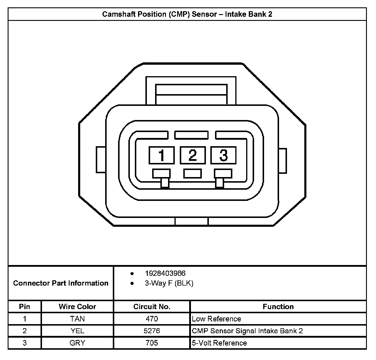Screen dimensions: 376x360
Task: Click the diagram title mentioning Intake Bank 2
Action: point(187,14)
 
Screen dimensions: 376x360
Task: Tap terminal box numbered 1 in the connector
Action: point(162,155)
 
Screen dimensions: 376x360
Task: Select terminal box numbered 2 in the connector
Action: point(192,155)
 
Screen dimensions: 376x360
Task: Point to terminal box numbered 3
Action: point(223,155)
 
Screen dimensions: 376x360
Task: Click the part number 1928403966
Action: point(165,274)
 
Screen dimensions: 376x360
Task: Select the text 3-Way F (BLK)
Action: point(169,284)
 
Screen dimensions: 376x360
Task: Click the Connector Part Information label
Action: point(61,283)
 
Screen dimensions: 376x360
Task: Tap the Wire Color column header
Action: point(77,307)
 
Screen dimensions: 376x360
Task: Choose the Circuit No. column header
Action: point(152,307)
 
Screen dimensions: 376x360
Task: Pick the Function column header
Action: point(278,307)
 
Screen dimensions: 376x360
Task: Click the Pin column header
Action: point(24,307)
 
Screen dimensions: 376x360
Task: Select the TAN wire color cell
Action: point(77,319)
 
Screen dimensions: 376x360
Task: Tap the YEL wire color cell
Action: point(77,331)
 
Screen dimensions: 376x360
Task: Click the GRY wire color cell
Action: point(77,343)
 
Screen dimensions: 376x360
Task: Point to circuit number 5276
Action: point(152,331)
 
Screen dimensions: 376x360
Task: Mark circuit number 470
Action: point(152,319)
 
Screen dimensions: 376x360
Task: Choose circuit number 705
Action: point(152,343)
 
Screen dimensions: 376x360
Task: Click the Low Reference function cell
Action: point(216,319)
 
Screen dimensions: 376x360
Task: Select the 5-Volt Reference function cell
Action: point(219,343)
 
